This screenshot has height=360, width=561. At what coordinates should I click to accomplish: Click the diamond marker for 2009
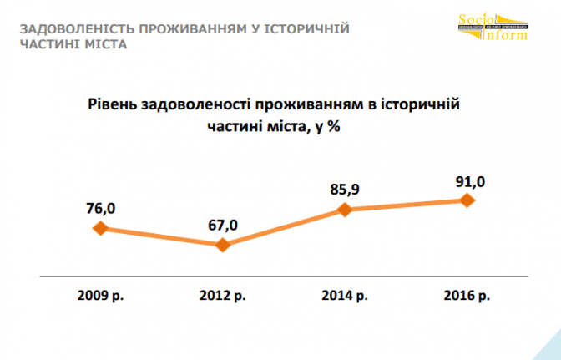point(100,228)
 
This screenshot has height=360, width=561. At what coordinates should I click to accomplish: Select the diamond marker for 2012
point(223,245)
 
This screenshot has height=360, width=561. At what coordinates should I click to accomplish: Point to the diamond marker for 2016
point(467,200)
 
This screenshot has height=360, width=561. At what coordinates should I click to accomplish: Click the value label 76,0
point(99,206)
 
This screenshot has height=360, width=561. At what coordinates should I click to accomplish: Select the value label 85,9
point(345,189)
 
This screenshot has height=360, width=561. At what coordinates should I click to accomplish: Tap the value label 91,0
point(467,180)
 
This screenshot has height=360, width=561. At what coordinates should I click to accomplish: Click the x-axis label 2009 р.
point(100,296)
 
